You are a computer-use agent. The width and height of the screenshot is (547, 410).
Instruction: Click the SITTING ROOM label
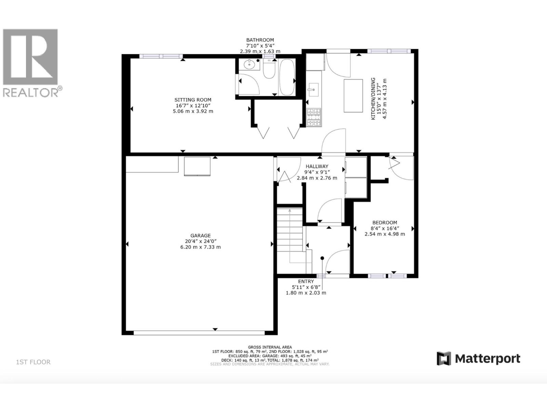point(193,100)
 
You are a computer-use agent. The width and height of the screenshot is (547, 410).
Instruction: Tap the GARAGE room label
point(200,235)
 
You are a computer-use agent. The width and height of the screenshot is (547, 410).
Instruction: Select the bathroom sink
point(250,64)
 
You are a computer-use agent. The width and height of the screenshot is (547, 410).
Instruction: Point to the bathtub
point(286,77)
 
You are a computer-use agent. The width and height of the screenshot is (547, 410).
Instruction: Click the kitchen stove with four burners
point(313,117)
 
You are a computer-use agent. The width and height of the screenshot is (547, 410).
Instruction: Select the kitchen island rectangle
point(353,96)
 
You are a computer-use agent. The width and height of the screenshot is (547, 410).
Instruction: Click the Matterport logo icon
point(444,358)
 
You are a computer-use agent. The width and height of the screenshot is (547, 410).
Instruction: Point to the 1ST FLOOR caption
point(33,362)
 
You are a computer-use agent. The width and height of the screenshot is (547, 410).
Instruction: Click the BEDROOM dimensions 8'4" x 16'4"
point(385,228)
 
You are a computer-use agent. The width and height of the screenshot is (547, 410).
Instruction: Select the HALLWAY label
point(317,166)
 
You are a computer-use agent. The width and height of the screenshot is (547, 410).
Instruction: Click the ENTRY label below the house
point(306,282)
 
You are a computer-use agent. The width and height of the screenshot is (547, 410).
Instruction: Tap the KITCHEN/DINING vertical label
point(373,98)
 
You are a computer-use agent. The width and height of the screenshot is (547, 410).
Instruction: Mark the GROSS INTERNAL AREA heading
point(270,347)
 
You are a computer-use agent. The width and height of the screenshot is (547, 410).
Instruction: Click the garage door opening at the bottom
point(199,332)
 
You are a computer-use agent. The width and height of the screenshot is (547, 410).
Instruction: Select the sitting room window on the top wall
point(161,56)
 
